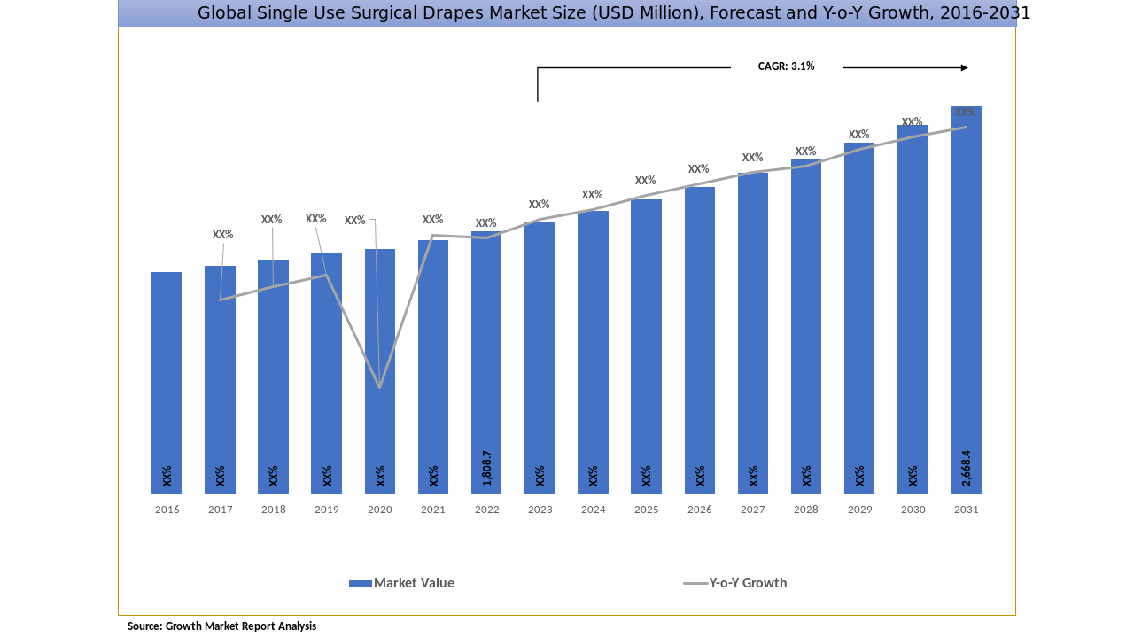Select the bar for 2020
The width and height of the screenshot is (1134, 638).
tap(380, 371)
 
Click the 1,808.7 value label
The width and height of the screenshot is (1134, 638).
tap(487, 468)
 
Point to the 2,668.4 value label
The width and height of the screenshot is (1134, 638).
tap(967, 468)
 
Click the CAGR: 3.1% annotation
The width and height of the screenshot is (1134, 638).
tap(786, 66)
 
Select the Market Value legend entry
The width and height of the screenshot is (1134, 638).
tap(414, 583)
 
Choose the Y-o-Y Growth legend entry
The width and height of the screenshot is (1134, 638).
tap(748, 583)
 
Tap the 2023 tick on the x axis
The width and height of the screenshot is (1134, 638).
tap(540, 510)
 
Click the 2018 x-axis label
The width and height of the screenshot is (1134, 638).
tap(273, 510)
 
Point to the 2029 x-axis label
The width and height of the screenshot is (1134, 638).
tap(859, 510)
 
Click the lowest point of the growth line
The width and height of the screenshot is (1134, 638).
tap(380, 387)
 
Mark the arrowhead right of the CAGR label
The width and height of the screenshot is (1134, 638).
tap(964, 67)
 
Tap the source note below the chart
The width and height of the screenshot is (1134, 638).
tap(221, 626)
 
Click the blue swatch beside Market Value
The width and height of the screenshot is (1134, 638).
tap(360, 583)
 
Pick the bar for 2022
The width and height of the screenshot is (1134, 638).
tap(486, 362)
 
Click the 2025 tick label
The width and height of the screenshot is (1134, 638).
tap(646, 510)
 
